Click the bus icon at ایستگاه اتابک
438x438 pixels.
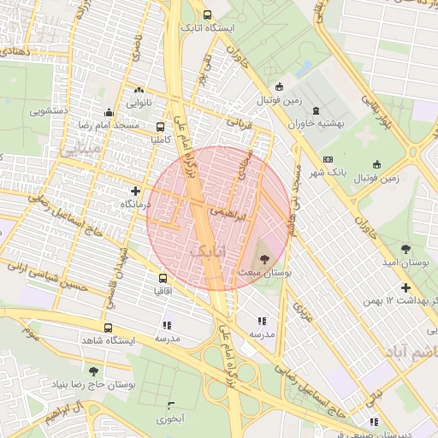point(207,15)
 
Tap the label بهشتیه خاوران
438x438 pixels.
point(318,123)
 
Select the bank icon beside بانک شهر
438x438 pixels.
point(328,160)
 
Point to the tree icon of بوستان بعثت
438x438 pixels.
point(262,257)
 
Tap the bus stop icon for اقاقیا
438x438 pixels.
point(163,278)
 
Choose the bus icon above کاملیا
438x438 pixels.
point(160,126)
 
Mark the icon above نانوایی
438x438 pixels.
point(139,90)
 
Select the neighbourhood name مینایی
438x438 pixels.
point(80,147)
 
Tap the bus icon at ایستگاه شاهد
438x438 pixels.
point(108,328)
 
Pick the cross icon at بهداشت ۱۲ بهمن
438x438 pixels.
point(405,287)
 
